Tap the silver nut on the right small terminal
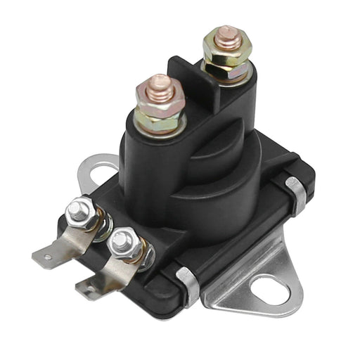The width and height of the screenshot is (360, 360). click(123, 242)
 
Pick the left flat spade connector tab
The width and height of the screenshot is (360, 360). click(56, 251)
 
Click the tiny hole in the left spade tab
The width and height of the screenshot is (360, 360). click(48, 257)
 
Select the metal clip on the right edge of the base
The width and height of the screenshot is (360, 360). click(295, 195)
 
